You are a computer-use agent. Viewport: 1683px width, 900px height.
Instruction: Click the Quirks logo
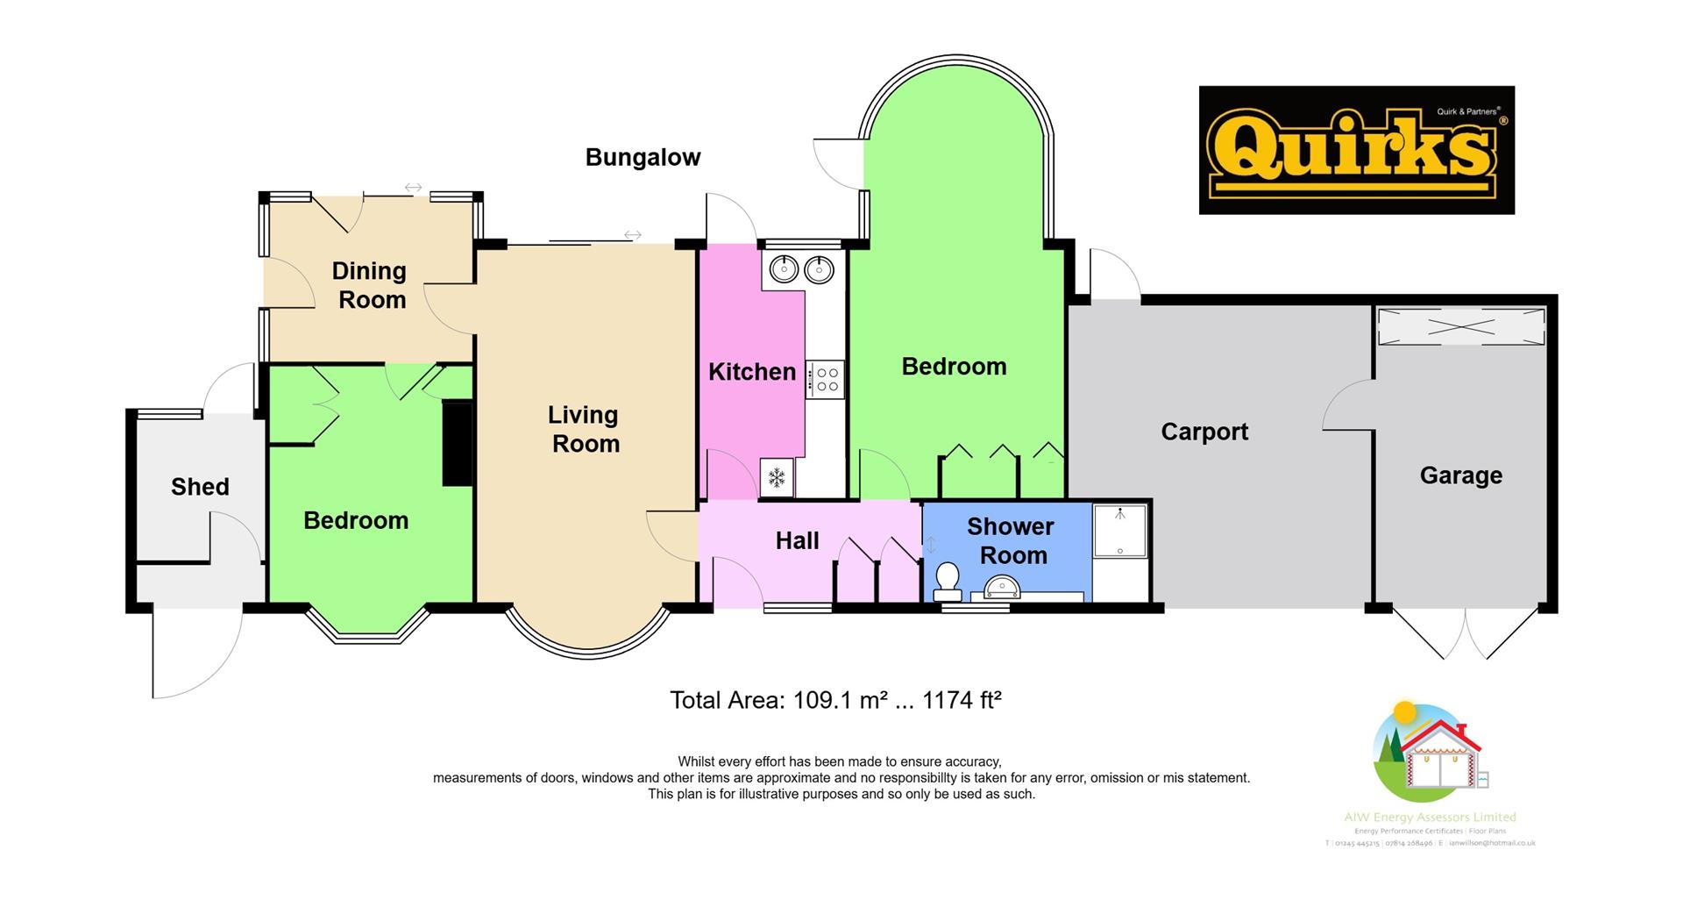tap(1356, 150)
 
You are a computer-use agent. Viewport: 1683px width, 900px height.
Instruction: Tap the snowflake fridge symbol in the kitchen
tap(777, 478)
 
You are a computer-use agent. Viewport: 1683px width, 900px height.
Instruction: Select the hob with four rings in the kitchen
tap(827, 380)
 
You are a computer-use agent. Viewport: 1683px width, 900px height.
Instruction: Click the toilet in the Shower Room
tap(948, 580)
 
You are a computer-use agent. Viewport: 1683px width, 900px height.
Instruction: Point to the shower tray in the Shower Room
tap(1119, 530)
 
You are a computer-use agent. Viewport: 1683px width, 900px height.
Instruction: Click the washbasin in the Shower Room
tap(999, 587)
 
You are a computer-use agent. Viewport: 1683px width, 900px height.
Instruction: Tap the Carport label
tap(1204, 432)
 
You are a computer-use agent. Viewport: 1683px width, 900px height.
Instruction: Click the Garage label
tap(1460, 475)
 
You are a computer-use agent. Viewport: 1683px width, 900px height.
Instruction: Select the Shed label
tap(200, 487)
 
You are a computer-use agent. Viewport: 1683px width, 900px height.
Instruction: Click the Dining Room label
tap(370, 285)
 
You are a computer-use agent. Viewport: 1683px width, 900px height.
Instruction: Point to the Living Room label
tap(584, 429)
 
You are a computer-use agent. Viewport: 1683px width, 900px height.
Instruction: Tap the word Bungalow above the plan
tap(643, 158)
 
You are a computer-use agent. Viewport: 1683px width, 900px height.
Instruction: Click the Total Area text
tap(834, 700)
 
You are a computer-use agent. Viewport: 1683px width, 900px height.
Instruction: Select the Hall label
tap(797, 541)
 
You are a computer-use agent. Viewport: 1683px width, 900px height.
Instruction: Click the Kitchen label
tap(751, 372)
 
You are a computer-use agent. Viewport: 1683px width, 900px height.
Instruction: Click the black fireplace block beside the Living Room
tap(457, 443)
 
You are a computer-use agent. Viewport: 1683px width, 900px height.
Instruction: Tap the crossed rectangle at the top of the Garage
tap(1460, 327)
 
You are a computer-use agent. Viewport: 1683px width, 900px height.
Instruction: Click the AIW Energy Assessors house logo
tap(1428, 754)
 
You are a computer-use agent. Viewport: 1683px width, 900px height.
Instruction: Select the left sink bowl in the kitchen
tap(783, 268)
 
